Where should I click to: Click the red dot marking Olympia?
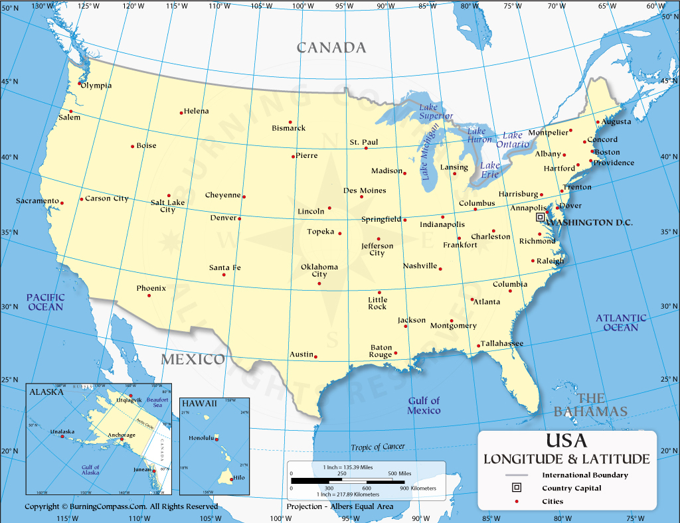click(x=80, y=84)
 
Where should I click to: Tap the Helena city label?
click(x=197, y=111)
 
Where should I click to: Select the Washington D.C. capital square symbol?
click(x=541, y=217)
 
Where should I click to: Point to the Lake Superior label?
click(x=436, y=112)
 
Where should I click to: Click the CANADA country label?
click(x=331, y=48)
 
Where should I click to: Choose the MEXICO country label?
click(x=193, y=360)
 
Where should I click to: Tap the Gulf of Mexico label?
click(x=424, y=406)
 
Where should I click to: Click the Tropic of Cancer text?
click(x=378, y=447)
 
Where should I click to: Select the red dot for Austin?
click(x=315, y=356)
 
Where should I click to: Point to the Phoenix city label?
click(x=151, y=288)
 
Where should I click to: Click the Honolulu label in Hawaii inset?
click(x=201, y=438)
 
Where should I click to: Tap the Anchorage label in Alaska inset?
click(x=122, y=435)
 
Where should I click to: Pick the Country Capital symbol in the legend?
click(x=516, y=488)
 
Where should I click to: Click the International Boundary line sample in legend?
click(x=516, y=475)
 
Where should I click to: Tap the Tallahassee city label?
click(x=503, y=343)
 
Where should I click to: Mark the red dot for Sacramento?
click(x=62, y=203)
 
